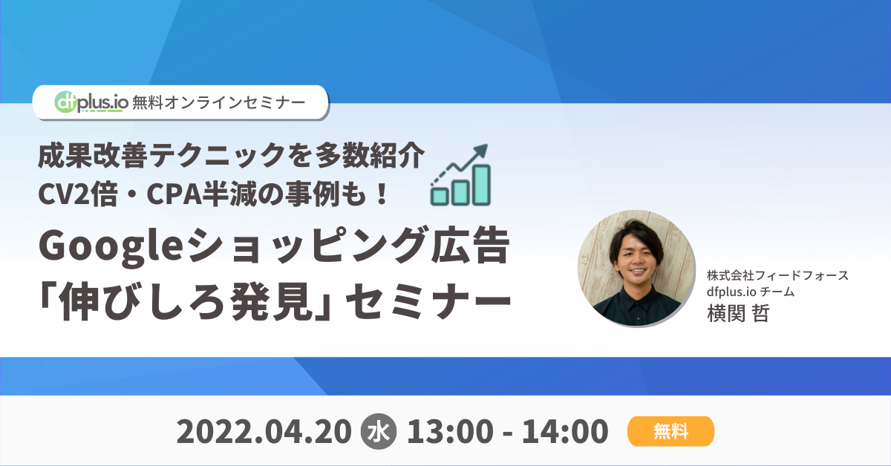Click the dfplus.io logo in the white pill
pyautogui.click(x=91, y=102)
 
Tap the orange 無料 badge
pyautogui.click(x=670, y=431)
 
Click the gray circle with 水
pyautogui.click(x=378, y=432)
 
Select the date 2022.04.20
pyautogui.click(x=264, y=432)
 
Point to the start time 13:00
pyautogui.click(x=450, y=432)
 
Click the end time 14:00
pyautogui.click(x=565, y=432)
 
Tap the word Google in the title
pyautogui.click(x=111, y=246)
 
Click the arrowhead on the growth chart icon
pyautogui.click(x=480, y=152)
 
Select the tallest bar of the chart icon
pyautogui.click(x=482, y=185)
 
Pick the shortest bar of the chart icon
pyautogui.click(x=440, y=197)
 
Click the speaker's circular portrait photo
pyautogui.click(x=636, y=269)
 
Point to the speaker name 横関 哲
pyautogui.click(x=738, y=313)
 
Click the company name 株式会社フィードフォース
pyautogui.click(x=777, y=275)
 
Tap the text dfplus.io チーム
pyautogui.click(x=751, y=292)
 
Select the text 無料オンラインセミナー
pyautogui.click(x=219, y=102)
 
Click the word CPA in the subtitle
pyautogui.click(x=174, y=194)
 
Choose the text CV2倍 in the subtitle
pyautogui.click(x=78, y=194)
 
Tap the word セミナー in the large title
pyautogui.click(x=428, y=301)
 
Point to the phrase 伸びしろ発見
pyautogui.click(x=185, y=301)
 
